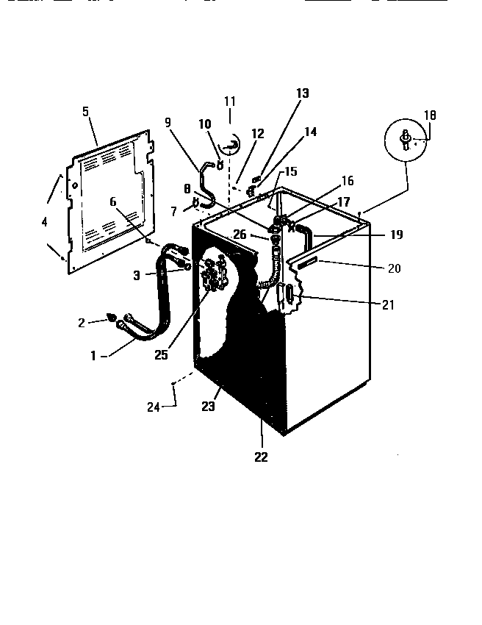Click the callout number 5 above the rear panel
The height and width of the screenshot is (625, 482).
point(85,112)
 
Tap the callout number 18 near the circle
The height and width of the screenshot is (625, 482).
point(430,115)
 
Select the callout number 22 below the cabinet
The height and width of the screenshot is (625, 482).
point(261,457)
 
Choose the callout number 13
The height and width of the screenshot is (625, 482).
point(303,93)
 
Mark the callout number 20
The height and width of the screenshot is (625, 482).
point(394,268)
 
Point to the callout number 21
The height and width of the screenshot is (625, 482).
point(388,304)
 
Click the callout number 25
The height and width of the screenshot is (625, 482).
point(161,354)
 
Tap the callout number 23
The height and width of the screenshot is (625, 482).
point(209,405)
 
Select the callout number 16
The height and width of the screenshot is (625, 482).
point(347,180)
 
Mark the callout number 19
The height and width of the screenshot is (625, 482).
point(395,235)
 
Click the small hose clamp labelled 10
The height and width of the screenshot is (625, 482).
point(218,154)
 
